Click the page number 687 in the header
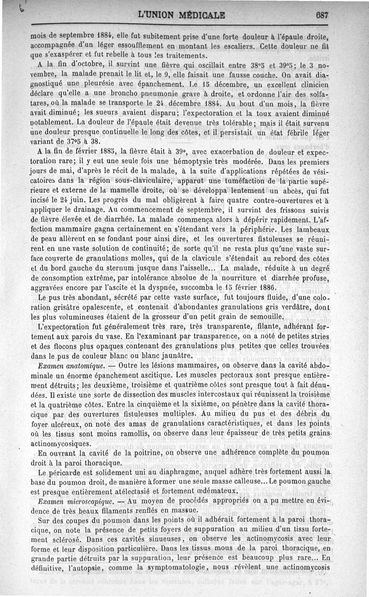click(x=321, y=14)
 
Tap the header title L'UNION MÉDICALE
click(x=181, y=14)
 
